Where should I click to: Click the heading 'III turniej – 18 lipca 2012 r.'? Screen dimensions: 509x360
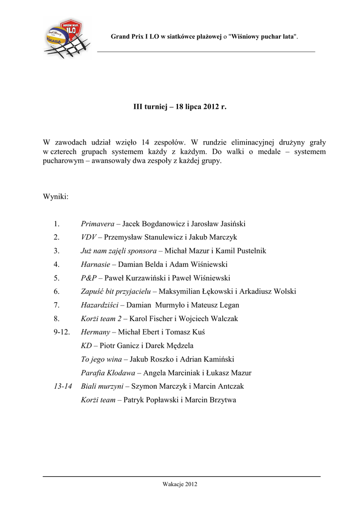180,107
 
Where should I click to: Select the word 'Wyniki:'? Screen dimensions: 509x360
56,197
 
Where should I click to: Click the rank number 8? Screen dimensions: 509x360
57,319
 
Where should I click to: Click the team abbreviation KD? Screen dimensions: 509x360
86,345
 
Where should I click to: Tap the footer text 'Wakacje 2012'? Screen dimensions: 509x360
180,485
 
